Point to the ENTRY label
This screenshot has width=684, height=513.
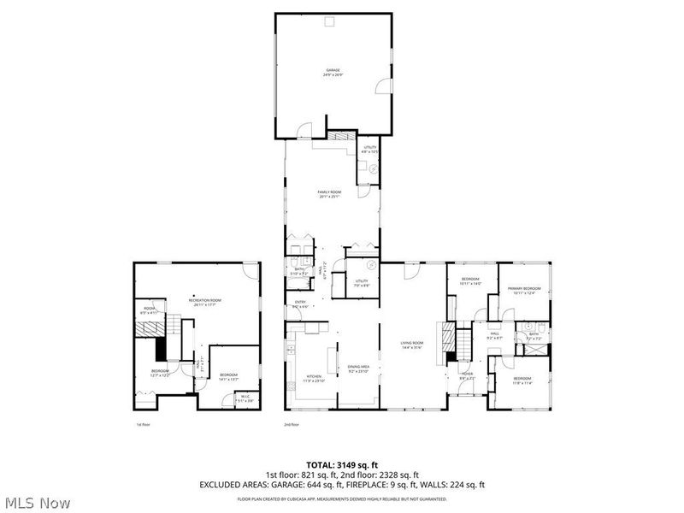[300, 304]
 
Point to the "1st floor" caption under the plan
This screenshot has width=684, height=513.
[143, 424]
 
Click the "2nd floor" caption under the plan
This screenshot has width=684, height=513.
[292, 424]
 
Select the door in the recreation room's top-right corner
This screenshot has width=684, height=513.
[250, 271]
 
